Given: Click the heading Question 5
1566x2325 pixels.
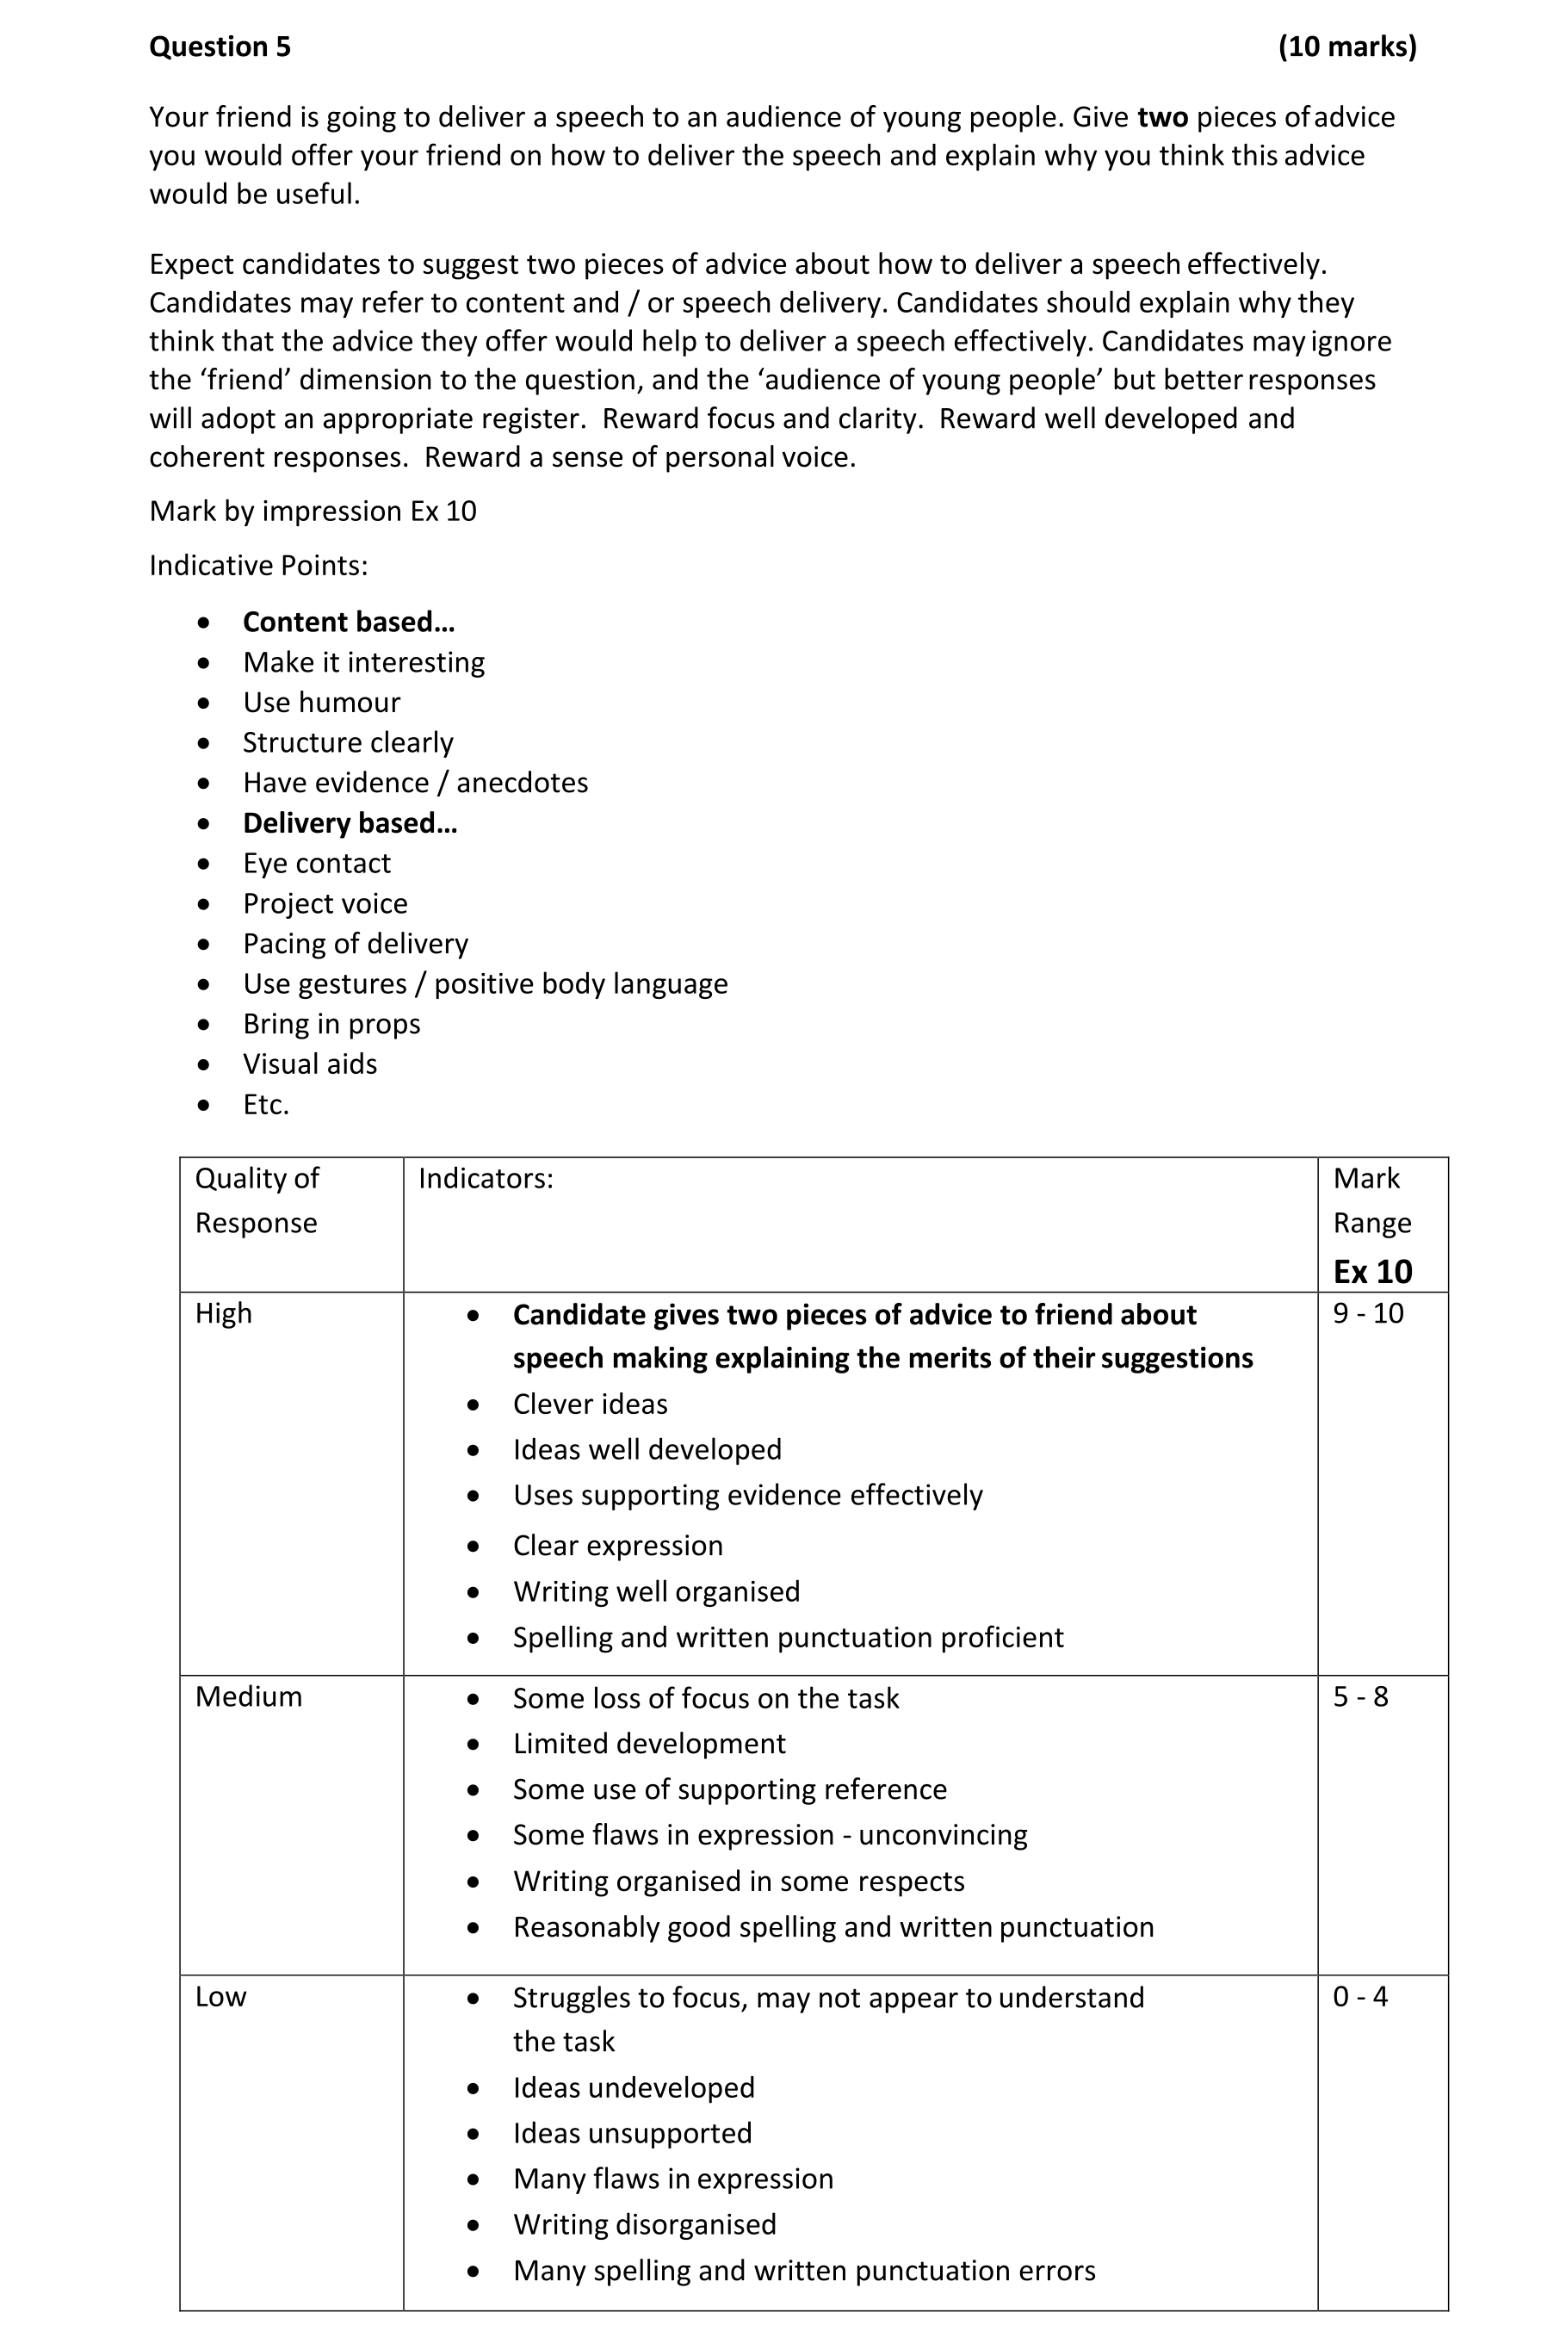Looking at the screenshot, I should coord(220,47).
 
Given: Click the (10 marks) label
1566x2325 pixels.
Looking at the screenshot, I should coord(1346,47).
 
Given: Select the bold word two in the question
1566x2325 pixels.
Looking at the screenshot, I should coord(1161,118).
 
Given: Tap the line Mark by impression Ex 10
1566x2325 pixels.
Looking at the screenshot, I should coord(313,512).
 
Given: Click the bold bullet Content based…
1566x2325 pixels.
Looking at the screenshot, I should coord(349,623).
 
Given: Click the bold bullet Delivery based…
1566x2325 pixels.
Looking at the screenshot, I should coord(350,823).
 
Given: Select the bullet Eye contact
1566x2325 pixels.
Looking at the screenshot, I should coord(317,863).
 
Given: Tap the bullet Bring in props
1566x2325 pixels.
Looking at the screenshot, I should coord(331,1024).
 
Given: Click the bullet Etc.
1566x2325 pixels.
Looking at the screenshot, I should coord(266,1105).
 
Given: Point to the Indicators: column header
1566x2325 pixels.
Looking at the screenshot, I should coord(486,1179).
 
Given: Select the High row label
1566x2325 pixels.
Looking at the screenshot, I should coord(223,1313).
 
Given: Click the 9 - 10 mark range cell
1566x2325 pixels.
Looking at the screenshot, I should coord(1367,1313).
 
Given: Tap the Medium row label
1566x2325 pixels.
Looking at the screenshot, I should coord(248,1696).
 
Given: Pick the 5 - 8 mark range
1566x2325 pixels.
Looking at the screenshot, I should coord(1360,1696).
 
